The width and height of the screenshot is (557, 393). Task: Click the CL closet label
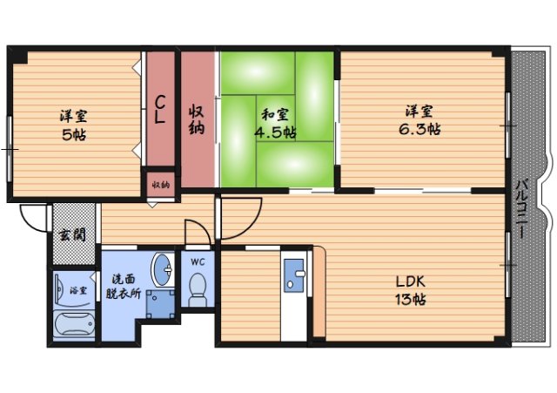point(160,110)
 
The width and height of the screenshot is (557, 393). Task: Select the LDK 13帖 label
point(411,290)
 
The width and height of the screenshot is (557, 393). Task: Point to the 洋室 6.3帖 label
point(419,120)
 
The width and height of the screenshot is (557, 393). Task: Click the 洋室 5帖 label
point(74,125)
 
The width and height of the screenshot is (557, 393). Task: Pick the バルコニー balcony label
point(521,208)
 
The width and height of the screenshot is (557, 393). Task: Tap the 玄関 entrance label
point(73,235)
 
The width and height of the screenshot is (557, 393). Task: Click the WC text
point(198,262)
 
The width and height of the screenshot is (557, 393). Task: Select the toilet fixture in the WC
point(198,289)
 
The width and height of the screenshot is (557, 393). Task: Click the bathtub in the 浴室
point(74,324)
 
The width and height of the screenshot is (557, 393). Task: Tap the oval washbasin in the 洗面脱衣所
point(163,270)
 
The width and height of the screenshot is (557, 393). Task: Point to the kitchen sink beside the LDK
point(294,275)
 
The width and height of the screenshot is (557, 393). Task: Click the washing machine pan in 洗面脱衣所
point(160,304)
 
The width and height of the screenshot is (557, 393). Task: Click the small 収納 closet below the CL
point(161,185)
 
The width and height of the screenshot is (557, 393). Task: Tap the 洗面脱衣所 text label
point(124,287)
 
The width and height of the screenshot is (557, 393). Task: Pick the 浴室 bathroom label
point(78,290)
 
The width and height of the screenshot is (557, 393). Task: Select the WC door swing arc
point(201,227)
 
